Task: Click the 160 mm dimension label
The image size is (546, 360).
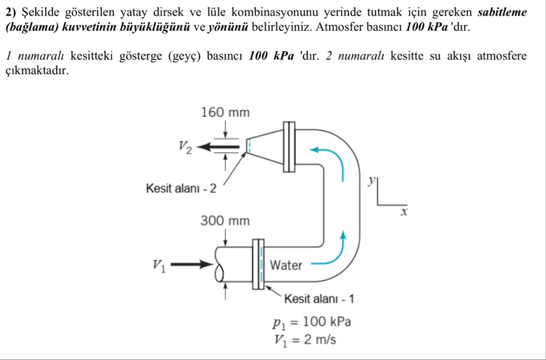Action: point(225,113)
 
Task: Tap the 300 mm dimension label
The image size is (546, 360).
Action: point(225,222)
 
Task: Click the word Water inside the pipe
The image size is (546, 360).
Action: point(286,266)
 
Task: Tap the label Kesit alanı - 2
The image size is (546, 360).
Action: point(181,188)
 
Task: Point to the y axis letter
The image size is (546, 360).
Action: point(372,181)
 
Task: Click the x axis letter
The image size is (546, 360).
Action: point(404,212)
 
